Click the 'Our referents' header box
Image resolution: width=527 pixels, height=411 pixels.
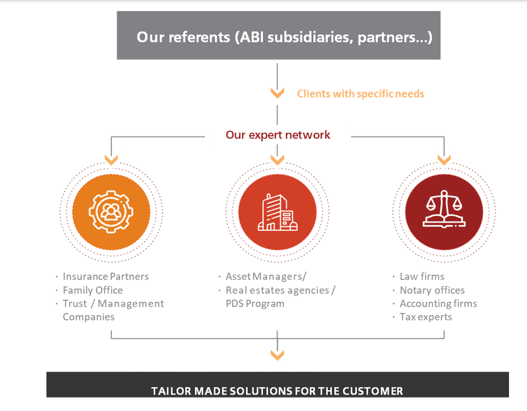tap(279, 36)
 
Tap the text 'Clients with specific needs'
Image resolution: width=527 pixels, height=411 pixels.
tap(360, 93)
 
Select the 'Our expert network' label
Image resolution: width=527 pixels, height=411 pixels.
tap(278, 135)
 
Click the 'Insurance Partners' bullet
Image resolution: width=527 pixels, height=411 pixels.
tap(106, 276)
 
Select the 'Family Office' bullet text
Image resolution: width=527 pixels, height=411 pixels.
tap(93, 290)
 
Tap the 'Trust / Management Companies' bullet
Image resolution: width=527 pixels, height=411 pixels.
tap(113, 310)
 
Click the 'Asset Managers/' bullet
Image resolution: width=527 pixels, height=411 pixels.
tap(266, 276)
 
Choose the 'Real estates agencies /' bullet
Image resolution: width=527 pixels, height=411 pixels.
tap(280, 290)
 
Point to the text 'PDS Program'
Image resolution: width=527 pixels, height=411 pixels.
tap(255, 304)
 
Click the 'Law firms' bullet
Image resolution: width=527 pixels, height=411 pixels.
tap(422, 276)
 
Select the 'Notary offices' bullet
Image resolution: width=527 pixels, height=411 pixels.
tap(432, 290)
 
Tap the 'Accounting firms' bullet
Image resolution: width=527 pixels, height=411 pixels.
tap(438, 304)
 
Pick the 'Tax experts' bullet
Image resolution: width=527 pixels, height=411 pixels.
tap(425, 317)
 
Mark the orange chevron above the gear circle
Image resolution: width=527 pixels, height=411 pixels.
tap(111, 159)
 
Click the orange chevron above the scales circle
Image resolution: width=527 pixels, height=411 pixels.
tap(444, 159)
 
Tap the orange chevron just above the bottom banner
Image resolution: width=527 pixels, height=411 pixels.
tap(277, 355)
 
